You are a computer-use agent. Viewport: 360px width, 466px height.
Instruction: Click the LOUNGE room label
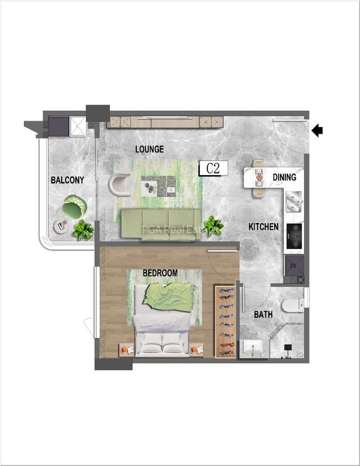tap(149, 149)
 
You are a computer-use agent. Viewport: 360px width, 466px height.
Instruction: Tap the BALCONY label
tap(67, 180)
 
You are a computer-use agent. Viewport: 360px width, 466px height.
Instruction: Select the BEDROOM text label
tap(160, 273)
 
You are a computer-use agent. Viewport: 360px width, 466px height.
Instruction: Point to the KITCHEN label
tap(264, 227)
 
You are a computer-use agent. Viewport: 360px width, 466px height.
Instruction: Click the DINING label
tap(284, 178)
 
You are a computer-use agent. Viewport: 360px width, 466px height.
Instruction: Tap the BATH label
tap(263, 314)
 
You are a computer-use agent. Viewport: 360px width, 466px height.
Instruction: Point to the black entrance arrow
tap(318, 130)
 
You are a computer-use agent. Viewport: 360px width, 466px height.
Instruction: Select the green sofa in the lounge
tap(161, 224)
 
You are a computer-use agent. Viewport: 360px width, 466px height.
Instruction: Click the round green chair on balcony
tap(74, 207)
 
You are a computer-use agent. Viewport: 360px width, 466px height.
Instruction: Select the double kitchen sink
tap(294, 202)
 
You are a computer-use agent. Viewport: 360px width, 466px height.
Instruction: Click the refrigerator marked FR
tap(293, 266)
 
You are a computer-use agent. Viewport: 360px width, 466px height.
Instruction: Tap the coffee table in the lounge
tap(158, 185)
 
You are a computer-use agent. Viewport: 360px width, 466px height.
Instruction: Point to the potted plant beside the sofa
tap(213, 226)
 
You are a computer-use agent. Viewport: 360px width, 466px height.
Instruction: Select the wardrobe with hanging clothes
tap(225, 321)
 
